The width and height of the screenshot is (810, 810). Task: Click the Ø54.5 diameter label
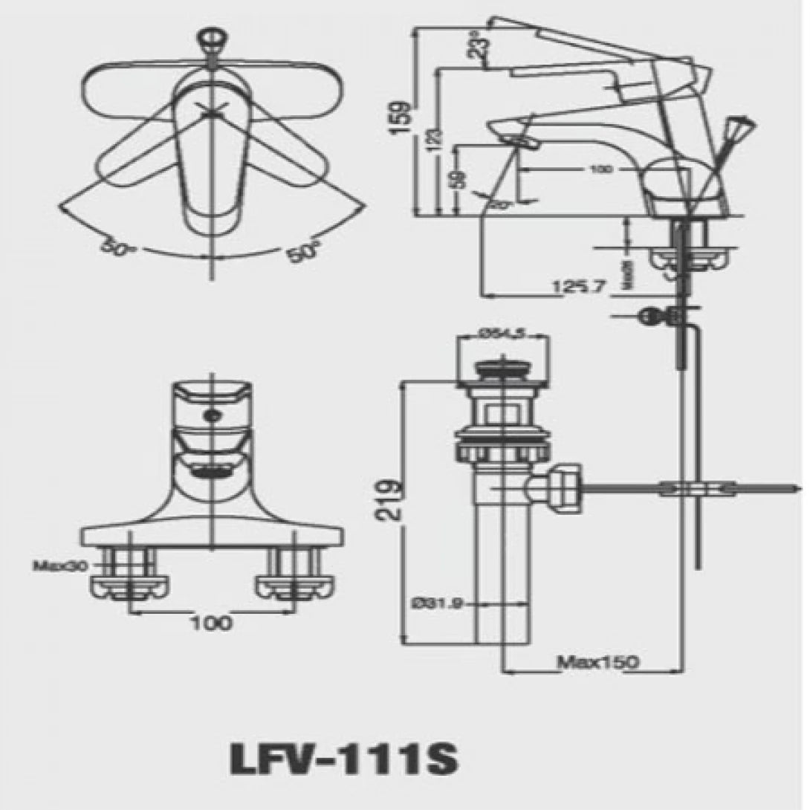pyautogui.click(x=502, y=335)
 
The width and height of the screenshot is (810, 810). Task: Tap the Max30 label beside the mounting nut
pyautogui.click(x=60, y=566)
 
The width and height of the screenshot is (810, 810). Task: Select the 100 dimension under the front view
pyautogui.click(x=210, y=623)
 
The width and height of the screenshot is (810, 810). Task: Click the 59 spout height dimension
pyautogui.click(x=460, y=178)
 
